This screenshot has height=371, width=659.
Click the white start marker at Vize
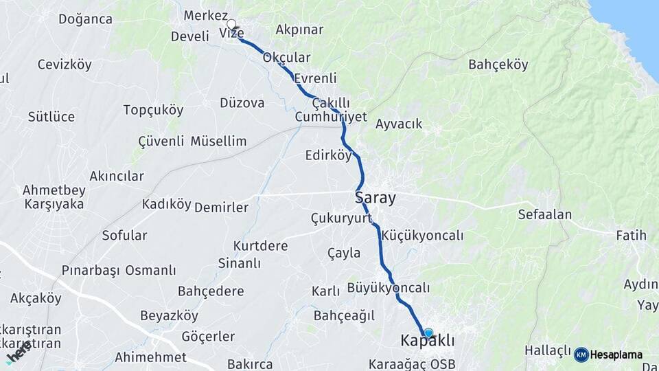(231, 23)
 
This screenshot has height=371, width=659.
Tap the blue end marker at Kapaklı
(428, 333)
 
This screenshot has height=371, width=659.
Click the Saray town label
(375, 198)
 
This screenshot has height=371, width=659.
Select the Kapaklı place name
(428, 341)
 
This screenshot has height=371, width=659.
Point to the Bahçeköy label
(498, 65)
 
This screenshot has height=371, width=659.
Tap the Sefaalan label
(545, 214)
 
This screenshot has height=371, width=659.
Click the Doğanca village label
(85, 19)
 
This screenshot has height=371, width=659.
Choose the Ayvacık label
(399, 124)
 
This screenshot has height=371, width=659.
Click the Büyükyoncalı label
(389, 287)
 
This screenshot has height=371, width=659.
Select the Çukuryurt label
(341, 218)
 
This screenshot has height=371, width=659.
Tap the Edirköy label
(328, 156)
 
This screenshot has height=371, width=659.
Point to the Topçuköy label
(153, 110)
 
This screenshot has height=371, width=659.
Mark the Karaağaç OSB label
(412, 363)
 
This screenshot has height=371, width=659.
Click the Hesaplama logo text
(616, 355)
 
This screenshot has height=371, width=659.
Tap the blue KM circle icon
(581, 355)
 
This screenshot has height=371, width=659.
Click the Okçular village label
(286, 58)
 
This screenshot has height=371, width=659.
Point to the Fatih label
(631, 236)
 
